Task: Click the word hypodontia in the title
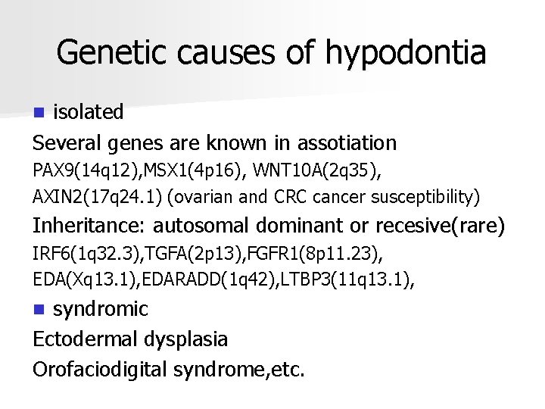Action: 406,52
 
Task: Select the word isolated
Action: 88,112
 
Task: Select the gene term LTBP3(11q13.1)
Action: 341,280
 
